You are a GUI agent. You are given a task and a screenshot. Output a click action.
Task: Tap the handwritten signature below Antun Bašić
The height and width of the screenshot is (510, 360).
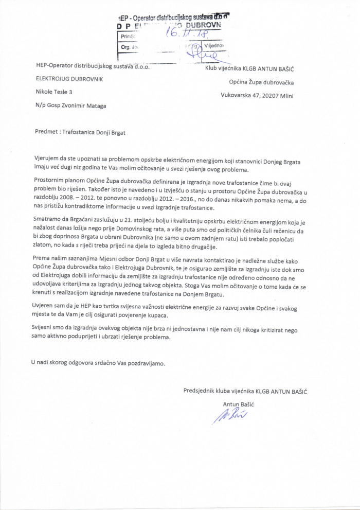click(x=229, y=415)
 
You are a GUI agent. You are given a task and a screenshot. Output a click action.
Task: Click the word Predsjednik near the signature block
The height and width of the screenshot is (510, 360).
click(x=201, y=391)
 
